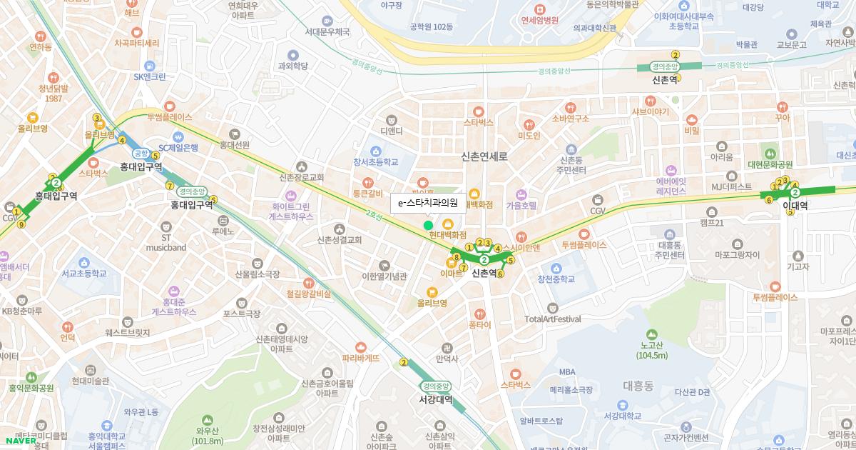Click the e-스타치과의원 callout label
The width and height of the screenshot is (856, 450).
(428, 203)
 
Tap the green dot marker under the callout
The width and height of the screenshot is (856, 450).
(428, 225)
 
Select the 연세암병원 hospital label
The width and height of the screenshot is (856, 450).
(539, 20)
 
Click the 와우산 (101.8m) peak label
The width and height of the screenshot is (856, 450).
(207, 436)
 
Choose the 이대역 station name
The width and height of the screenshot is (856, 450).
(795, 205)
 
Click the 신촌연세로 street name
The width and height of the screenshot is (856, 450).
(484, 156)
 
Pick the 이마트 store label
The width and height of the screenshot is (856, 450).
(452, 273)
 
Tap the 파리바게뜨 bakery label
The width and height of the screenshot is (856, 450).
(360, 358)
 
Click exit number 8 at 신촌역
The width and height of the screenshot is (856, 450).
(457, 257)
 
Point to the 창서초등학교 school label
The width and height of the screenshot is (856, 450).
(375, 162)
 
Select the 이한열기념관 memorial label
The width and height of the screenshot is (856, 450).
(384, 276)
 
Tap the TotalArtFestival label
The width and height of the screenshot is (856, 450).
(552, 319)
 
